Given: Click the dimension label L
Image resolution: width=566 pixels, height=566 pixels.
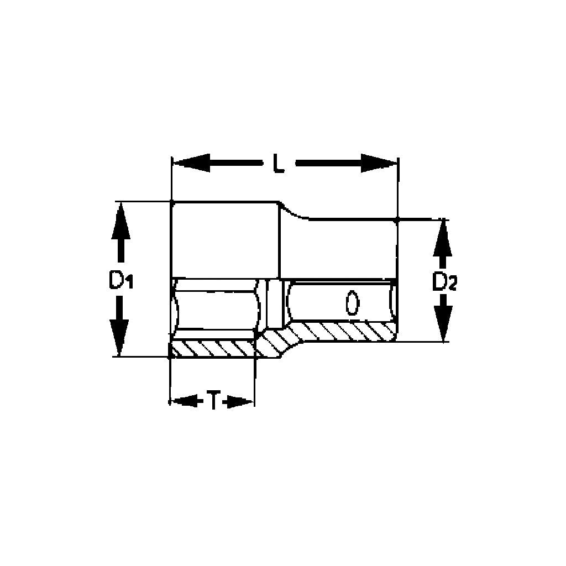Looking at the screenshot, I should pyautogui.click(x=279, y=165).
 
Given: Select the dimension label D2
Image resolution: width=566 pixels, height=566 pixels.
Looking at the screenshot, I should pyautogui.click(x=444, y=282).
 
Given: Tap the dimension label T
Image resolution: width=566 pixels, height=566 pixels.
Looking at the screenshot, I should pyautogui.click(x=213, y=400).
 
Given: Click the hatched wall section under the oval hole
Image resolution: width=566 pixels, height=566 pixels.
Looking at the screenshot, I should pyautogui.click(x=343, y=332).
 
